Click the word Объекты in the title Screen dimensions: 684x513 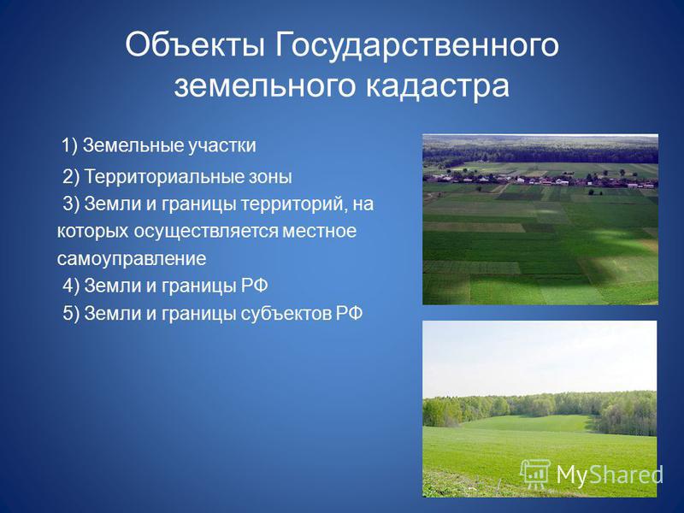(195, 45)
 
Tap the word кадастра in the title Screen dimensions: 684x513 (437, 85)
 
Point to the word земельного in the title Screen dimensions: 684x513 (264, 85)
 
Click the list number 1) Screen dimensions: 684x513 (69, 145)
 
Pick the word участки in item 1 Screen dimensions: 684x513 (222, 146)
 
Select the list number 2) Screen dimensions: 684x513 (71, 177)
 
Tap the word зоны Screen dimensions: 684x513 (270, 178)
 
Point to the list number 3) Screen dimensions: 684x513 (71, 203)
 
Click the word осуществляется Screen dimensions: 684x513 (205, 232)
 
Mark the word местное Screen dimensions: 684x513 (319, 231)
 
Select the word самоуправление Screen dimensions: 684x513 (132, 259)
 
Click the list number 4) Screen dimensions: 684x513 (71, 286)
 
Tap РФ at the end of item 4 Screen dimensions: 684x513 (254, 286)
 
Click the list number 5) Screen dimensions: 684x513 (71, 313)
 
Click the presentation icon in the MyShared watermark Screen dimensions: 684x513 (535, 474)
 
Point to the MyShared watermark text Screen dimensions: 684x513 (610, 475)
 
